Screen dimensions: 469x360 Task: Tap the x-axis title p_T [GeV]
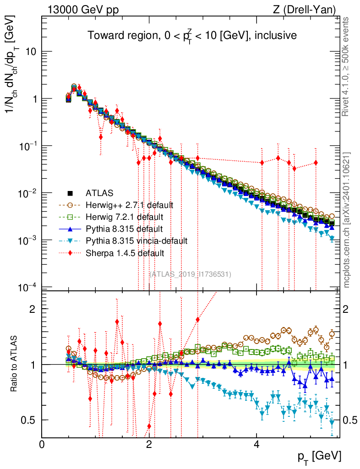320,456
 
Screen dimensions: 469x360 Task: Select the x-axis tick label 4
256,444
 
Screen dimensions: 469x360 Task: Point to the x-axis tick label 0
42,444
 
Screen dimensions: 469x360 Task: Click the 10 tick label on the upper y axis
30,52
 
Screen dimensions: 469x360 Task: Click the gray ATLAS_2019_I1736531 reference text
191,274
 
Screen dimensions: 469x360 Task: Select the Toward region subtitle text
193,36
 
